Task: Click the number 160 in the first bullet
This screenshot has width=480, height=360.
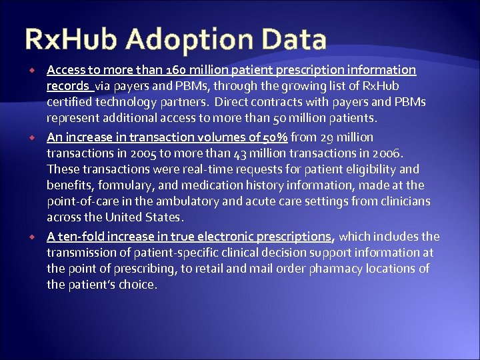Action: click(x=162, y=70)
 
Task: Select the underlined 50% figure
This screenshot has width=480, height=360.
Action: click(x=275, y=137)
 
